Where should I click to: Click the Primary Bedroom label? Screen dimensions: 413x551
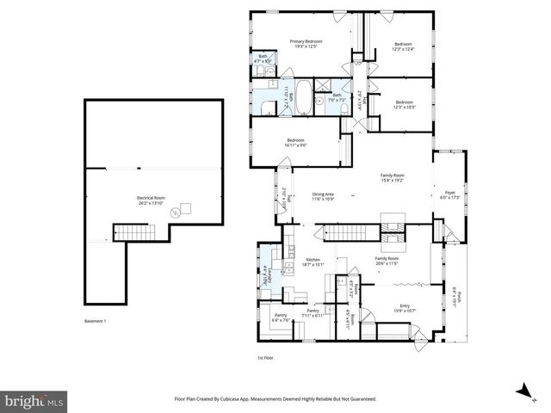(x=304, y=44)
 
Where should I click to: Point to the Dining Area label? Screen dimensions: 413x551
(x=323, y=196)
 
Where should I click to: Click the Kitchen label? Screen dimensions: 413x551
(x=313, y=262)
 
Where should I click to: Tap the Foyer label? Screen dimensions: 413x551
(x=449, y=195)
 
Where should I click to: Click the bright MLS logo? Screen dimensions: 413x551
(x=34, y=400)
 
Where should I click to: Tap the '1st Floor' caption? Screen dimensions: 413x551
(x=265, y=357)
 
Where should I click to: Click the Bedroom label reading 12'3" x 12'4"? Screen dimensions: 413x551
(x=404, y=46)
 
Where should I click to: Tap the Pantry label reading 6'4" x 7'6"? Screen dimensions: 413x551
(x=281, y=318)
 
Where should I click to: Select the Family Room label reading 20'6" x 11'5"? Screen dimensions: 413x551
(x=387, y=262)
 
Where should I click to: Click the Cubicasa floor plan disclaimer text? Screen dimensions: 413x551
(x=275, y=399)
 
